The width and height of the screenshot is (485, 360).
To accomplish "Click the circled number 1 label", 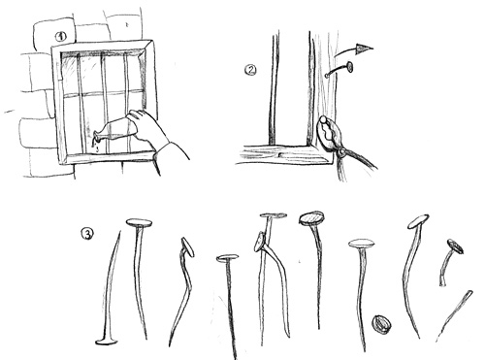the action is (60, 37).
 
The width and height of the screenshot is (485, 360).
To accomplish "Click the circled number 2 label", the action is (250, 70).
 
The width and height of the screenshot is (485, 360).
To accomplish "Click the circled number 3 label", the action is (86, 234).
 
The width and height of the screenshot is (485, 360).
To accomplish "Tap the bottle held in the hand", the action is (114, 129).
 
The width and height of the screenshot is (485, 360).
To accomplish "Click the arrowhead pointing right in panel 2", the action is (365, 49).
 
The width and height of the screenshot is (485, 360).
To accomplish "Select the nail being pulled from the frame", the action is (339, 70).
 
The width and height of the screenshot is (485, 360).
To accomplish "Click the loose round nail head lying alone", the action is (381, 324).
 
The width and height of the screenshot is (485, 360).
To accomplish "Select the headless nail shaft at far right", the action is (454, 315).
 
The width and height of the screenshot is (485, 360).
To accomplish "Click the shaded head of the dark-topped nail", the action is (311, 218).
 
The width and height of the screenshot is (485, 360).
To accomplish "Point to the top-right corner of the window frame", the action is (151, 41).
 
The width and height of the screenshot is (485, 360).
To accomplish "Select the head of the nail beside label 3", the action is (139, 222).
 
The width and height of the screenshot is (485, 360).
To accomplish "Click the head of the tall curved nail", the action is (418, 221).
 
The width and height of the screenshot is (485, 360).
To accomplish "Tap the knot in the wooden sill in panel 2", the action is (281, 154).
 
